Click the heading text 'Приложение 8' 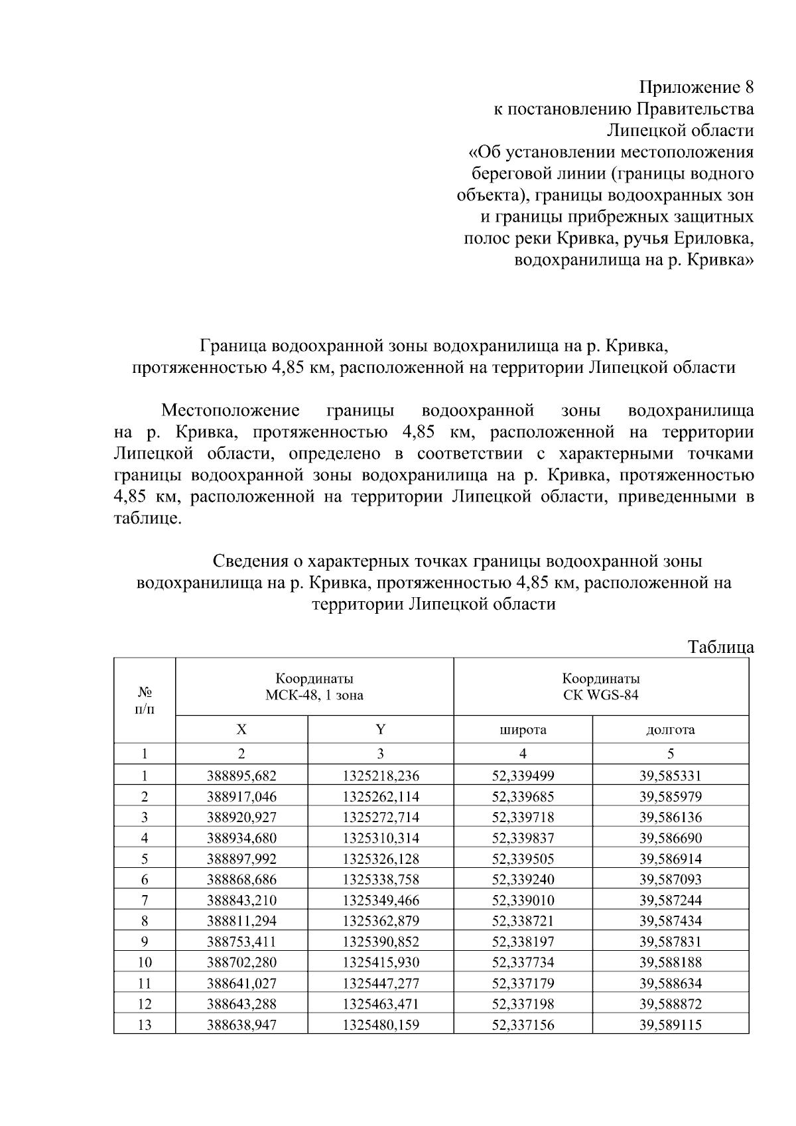pyautogui.click(x=696, y=87)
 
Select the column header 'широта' pyautogui.click(x=523, y=730)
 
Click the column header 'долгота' pyautogui.click(x=670, y=730)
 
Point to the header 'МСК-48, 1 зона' pyautogui.click(x=314, y=695)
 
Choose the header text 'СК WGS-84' pyautogui.click(x=601, y=695)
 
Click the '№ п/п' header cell pyautogui.click(x=145, y=701)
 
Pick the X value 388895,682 pyautogui.click(x=241, y=776)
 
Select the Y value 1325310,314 pyautogui.click(x=381, y=838)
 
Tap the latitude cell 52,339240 pyautogui.click(x=523, y=880)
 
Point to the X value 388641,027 pyautogui.click(x=241, y=983)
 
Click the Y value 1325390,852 pyautogui.click(x=381, y=942)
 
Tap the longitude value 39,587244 pyautogui.click(x=670, y=900)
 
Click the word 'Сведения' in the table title pyautogui.click(x=251, y=561)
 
